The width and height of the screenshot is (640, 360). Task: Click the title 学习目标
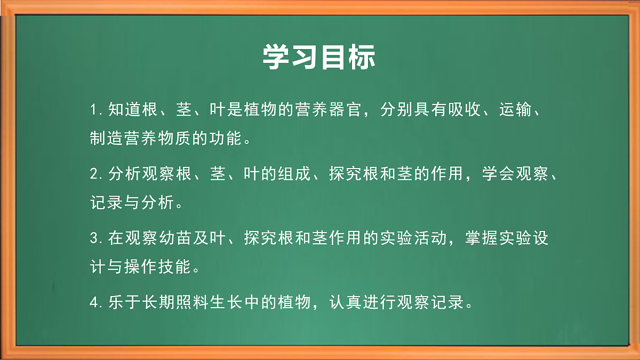(319, 57)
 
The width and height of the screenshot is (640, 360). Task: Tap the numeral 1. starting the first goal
(97, 110)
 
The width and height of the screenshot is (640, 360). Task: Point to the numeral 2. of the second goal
(97, 174)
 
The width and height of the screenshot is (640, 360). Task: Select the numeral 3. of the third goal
(97, 238)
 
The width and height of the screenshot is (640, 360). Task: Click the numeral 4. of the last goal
(97, 302)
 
